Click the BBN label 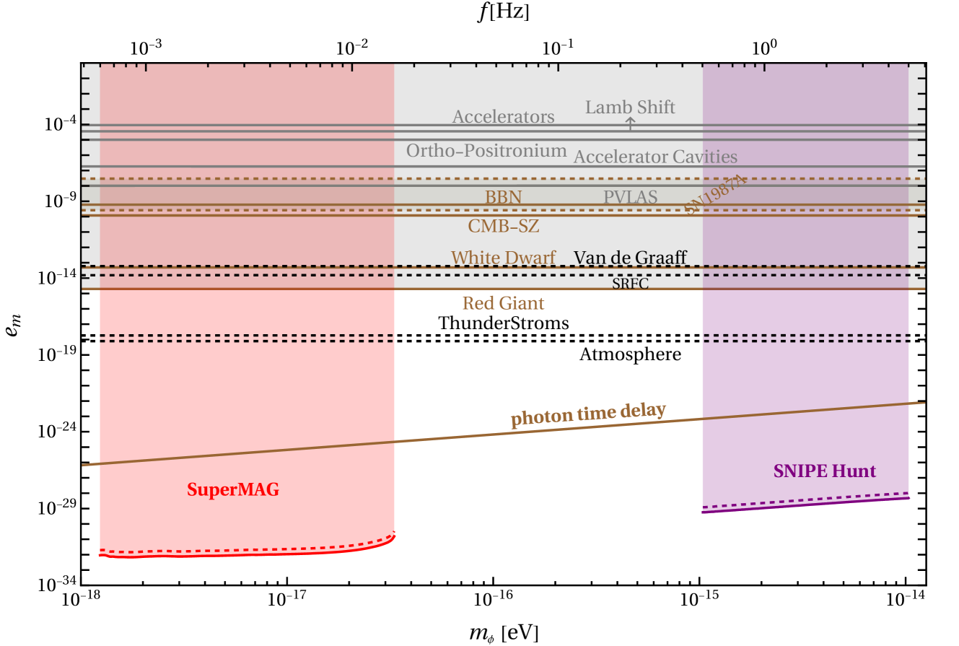click(x=503, y=197)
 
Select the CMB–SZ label click(x=503, y=226)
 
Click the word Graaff click(x=659, y=258)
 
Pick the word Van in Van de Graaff click(x=588, y=258)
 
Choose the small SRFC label click(x=630, y=284)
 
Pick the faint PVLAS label click(x=629, y=196)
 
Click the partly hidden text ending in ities click(x=719, y=157)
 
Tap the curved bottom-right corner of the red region click(x=393, y=536)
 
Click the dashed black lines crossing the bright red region click(x=245, y=339)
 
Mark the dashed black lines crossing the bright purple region click(x=805, y=339)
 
